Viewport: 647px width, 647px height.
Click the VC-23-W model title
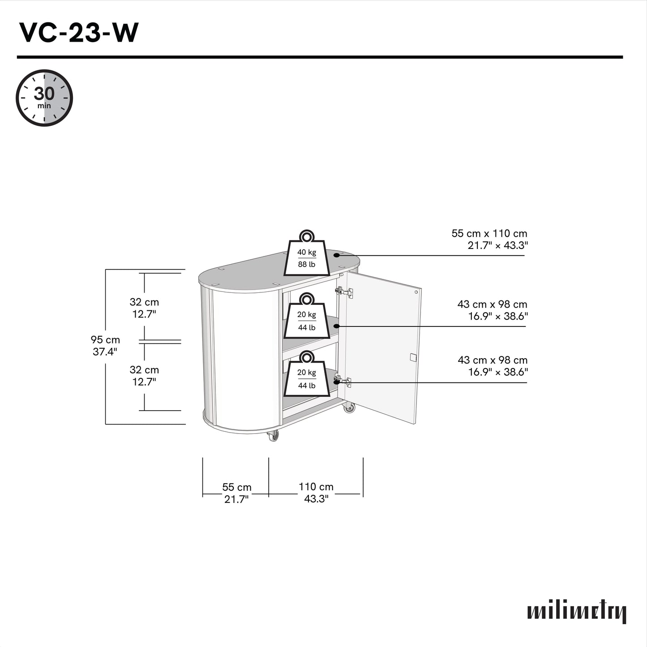tap(78, 33)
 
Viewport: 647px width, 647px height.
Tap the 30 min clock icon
tap(44, 98)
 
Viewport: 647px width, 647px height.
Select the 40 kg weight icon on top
tap(307, 256)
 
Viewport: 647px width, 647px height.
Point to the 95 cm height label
tap(105, 346)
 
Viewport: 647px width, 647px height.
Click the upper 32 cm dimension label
tap(144, 308)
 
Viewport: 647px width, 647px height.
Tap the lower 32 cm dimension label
tap(144, 376)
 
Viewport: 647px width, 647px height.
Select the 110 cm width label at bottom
tap(316, 493)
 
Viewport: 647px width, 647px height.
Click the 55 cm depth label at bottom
tap(236, 493)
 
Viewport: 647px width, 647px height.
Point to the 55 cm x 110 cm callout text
tap(489, 239)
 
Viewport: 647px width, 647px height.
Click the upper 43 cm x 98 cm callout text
tap(492, 310)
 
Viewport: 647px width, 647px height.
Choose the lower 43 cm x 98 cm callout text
tap(493, 366)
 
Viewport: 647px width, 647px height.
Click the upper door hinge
tap(344, 292)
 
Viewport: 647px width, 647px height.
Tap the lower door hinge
tap(343, 381)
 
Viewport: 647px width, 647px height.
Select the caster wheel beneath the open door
tap(348, 408)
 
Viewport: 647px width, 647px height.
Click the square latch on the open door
tap(413, 357)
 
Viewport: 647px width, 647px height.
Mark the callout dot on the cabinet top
tap(337, 255)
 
